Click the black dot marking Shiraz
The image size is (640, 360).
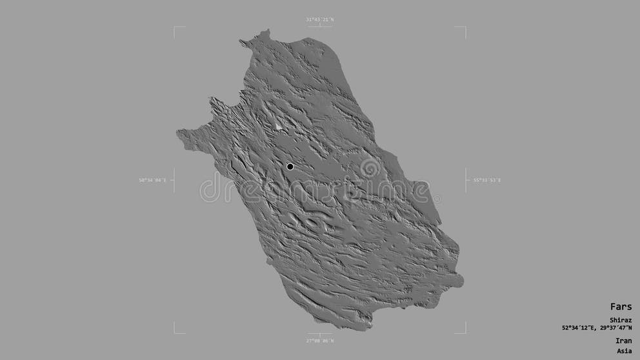point(290,166)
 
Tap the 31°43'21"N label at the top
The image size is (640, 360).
point(319,20)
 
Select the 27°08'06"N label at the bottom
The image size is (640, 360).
point(319,340)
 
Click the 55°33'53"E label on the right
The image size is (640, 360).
point(487,181)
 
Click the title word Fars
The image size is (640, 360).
point(621,306)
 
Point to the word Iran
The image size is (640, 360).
point(624,341)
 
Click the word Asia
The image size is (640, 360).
point(624,351)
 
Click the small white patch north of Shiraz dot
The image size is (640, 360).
point(279,126)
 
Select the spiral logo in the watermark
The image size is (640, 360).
point(370,168)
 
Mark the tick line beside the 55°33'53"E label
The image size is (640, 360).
point(466,180)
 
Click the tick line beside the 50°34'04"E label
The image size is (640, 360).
point(173,180)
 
